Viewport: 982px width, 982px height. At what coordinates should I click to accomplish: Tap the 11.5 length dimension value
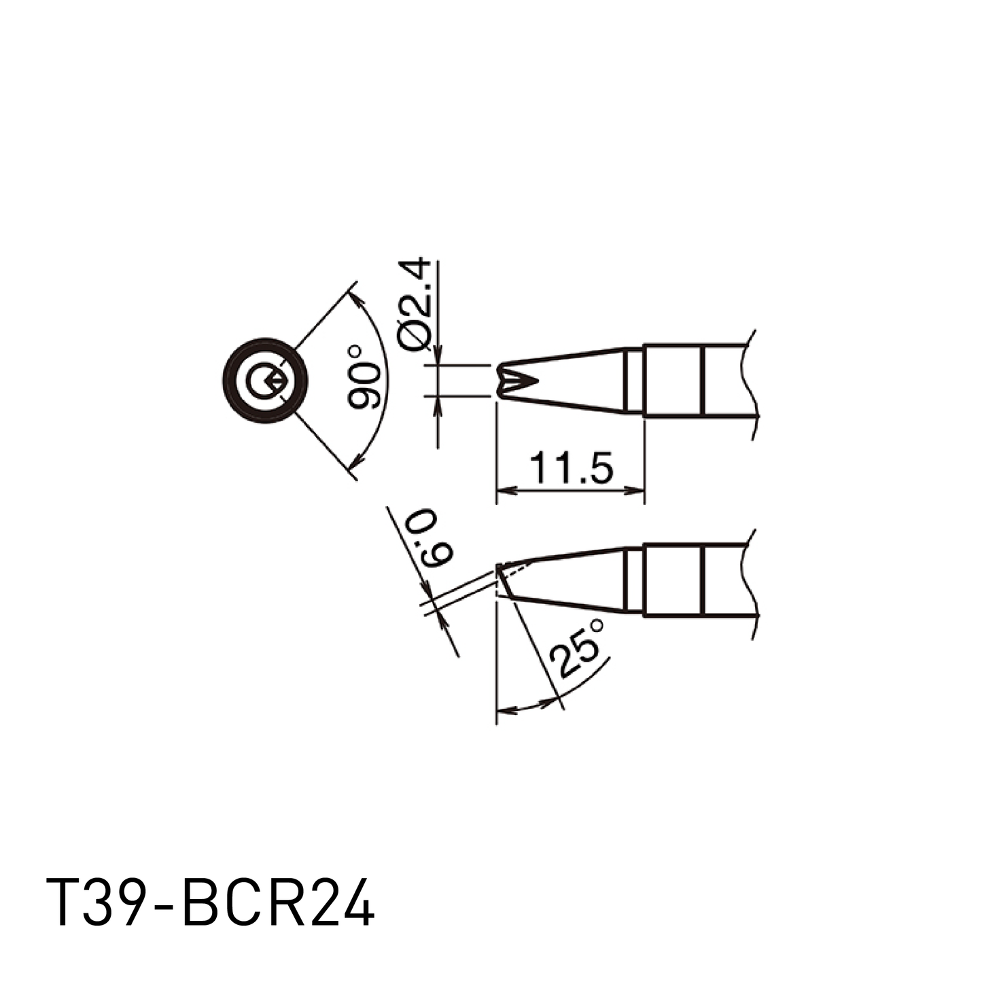[x=571, y=468]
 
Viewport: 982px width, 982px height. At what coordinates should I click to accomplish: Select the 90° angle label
[x=364, y=376]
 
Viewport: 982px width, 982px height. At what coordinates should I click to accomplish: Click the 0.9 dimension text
[x=426, y=540]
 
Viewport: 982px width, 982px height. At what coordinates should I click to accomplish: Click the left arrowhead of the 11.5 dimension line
[x=503, y=490]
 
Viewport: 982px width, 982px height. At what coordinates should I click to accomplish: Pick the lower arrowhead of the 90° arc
[x=353, y=466]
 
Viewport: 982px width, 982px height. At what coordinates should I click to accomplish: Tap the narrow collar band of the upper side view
[x=633, y=381]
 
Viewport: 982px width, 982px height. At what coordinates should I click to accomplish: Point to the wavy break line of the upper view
[x=750, y=384]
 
